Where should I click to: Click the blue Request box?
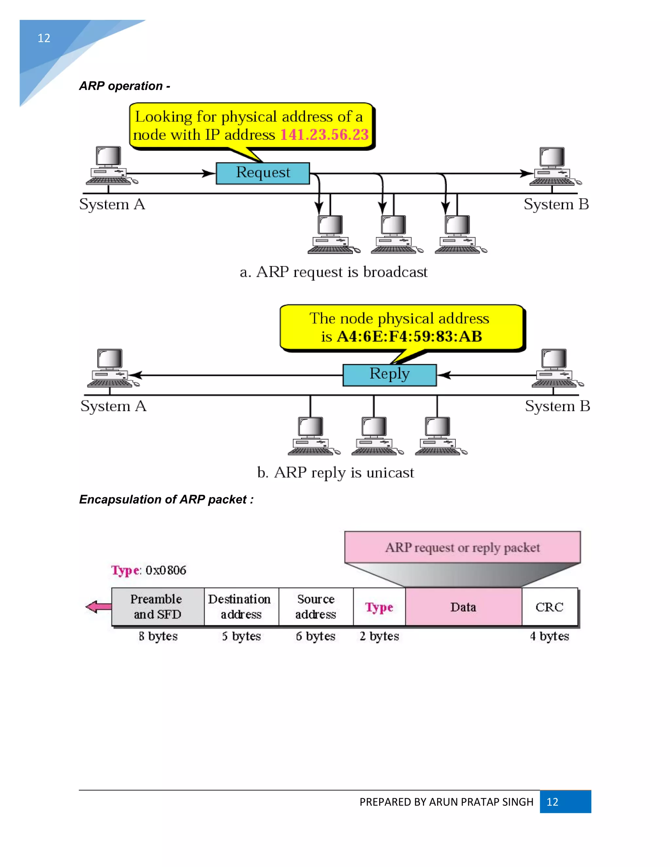pyautogui.click(x=262, y=173)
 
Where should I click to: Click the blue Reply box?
pyautogui.click(x=389, y=375)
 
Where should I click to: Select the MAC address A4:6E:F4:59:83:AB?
pyautogui.click(x=409, y=337)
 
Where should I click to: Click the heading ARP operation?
pyautogui.click(x=125, y=86)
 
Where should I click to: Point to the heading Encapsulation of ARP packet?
pyautogui.click(x=166, y=499)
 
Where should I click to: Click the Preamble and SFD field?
pyautogui.click(x=158, y=607)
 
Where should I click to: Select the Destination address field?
pyautogui.click(x=241, y=607)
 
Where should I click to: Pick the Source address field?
pyautogui.click(x=316, y=607)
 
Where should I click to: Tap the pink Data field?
pyautogui.click(x=463, y=607)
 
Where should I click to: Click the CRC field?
pyautogui.click(x=549, y=607)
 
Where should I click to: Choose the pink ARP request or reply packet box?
pyautogui.click(x=462, y=547)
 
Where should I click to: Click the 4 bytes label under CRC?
pyautogui.click(x=549, y=636)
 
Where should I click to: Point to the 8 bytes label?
pyautogui.click(x=158, y=636)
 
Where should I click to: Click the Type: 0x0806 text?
pyautogui.click(x=149, y=570)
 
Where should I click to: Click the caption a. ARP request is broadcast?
pyautogui.click(x=333, y=272)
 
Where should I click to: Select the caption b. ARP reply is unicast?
pyautogui.click(x=335, y=472)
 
